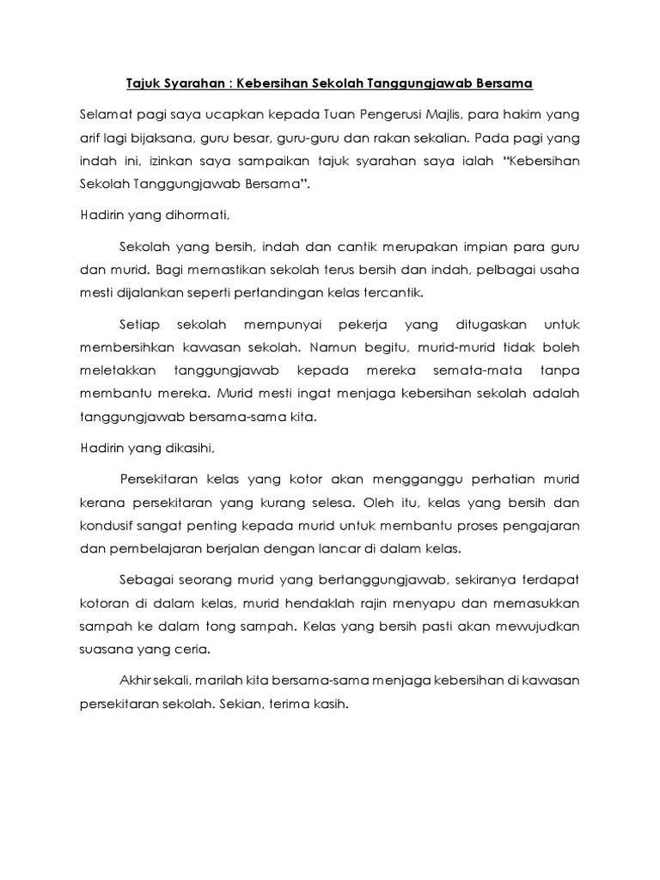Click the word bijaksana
(156, 137)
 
